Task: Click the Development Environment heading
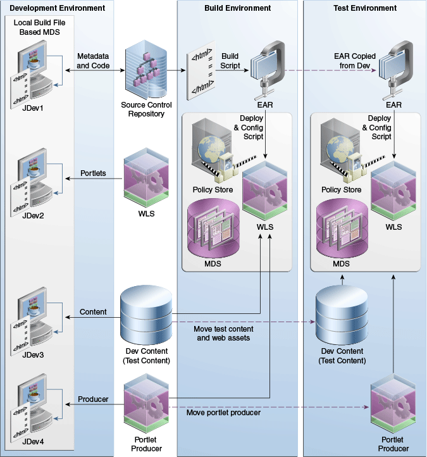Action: pyautogui.click(x=58, y=8)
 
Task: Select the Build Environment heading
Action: pyautogui.click(x=238, y=8)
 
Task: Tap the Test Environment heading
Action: pyautogui.click(x=365, y=8)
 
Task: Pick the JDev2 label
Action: pyautogui.click(x=29, y=216)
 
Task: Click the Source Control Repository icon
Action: pyautogui.click(x=146, y=68)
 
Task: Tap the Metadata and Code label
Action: pyautogui.click(x=93, y=61)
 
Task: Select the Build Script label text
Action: pyautogui.click(x=230, y=61)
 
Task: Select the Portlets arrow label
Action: pyautogui.click(x=93, y=173)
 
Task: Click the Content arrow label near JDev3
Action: pyautogui.click(x=92, y=312)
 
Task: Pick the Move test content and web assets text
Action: pyautogui.click(x=225, y=334)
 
